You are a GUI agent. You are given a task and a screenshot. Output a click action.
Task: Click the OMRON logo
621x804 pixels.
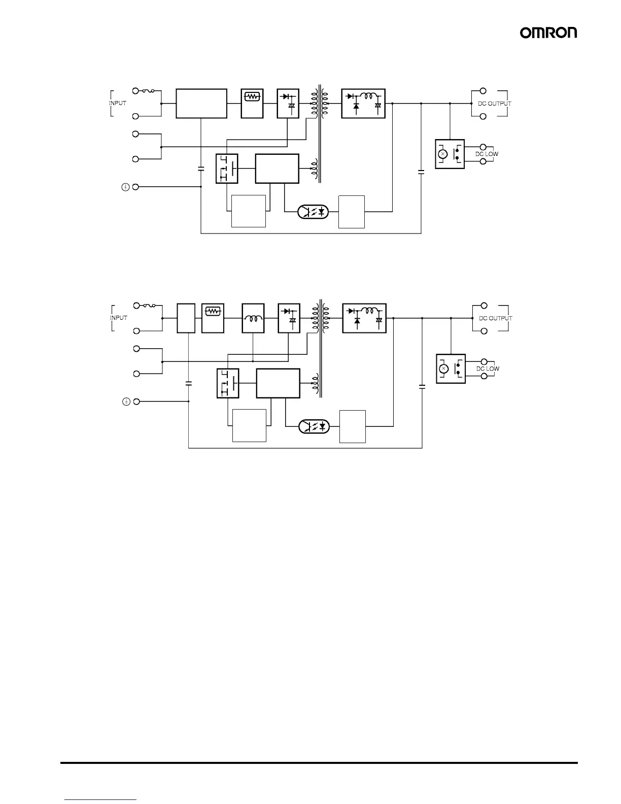pos(548,32)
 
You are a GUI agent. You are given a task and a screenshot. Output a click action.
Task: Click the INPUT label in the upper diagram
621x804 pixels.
pos(118,103)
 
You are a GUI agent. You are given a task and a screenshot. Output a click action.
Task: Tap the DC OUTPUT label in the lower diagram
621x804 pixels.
pos(495,318)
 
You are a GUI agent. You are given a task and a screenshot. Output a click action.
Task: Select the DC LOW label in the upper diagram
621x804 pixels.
pos(486,154)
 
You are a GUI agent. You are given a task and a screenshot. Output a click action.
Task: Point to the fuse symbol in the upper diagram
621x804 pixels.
pos(148,91)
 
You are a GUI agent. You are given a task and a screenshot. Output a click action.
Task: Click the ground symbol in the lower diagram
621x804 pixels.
pos(126,401)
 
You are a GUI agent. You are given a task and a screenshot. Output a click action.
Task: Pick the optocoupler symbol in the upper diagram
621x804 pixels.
pos(314,211)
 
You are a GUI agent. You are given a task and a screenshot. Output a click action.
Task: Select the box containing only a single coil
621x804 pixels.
pos(253,318)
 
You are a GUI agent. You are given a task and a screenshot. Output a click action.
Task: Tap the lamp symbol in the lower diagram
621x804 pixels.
pos(444,368)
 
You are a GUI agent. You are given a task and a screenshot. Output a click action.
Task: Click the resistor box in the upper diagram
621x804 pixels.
pos(252,104)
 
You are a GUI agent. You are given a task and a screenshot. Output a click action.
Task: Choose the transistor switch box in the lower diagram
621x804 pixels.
pos(227,383)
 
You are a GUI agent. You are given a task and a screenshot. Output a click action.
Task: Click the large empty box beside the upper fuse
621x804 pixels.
pos(201,104)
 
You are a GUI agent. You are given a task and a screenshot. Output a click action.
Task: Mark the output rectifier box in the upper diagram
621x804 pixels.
pos(363,104)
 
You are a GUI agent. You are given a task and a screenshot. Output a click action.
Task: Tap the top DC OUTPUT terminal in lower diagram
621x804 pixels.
pos(484,306)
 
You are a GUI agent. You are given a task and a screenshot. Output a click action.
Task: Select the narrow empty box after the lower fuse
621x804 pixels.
pos(186,318)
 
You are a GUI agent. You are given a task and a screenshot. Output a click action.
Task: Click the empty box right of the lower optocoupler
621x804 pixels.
pos(352,426)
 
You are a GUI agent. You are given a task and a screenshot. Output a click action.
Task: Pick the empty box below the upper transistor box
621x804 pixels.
pos(249,211)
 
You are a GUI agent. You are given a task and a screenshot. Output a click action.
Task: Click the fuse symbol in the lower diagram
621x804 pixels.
pos(149,306)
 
